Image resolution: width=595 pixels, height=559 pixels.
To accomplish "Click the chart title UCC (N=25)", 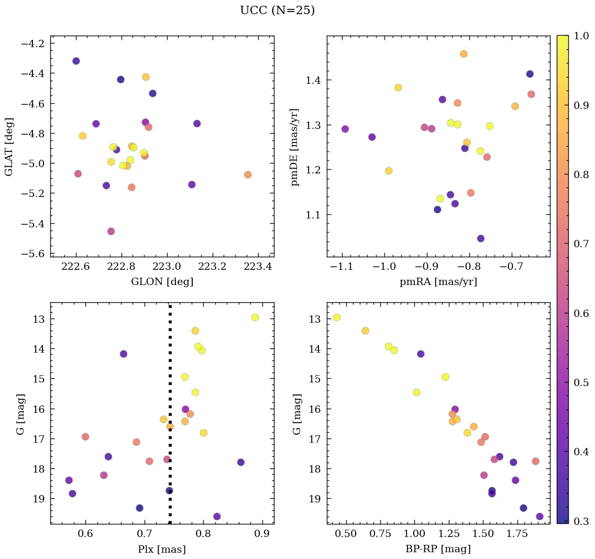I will point(277,10).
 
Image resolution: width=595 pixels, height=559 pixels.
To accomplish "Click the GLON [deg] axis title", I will point(162,282).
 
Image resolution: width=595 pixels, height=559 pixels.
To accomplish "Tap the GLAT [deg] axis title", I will point(9,147).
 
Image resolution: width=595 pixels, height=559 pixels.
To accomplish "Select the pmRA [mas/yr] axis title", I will point(438,282).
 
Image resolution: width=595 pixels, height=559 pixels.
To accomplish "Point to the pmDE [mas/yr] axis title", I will point(295,147).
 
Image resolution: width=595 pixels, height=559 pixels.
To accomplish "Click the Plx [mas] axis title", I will point(162,549).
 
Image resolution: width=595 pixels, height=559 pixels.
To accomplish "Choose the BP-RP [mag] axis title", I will point(438,549).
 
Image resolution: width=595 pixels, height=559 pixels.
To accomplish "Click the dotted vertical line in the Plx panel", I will point(170,367).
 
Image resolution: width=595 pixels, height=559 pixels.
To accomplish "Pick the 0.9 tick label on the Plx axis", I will point(262,534).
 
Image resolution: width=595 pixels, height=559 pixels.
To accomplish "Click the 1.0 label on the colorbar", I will point(582,36).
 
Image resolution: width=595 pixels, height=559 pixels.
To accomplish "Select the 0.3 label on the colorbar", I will point(582,521).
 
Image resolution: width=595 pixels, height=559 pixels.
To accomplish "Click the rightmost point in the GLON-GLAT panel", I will point(248,174).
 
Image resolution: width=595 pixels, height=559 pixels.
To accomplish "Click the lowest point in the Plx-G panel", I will point(217,517).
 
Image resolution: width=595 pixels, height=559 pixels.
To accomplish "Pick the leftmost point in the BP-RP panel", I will point(336,317).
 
